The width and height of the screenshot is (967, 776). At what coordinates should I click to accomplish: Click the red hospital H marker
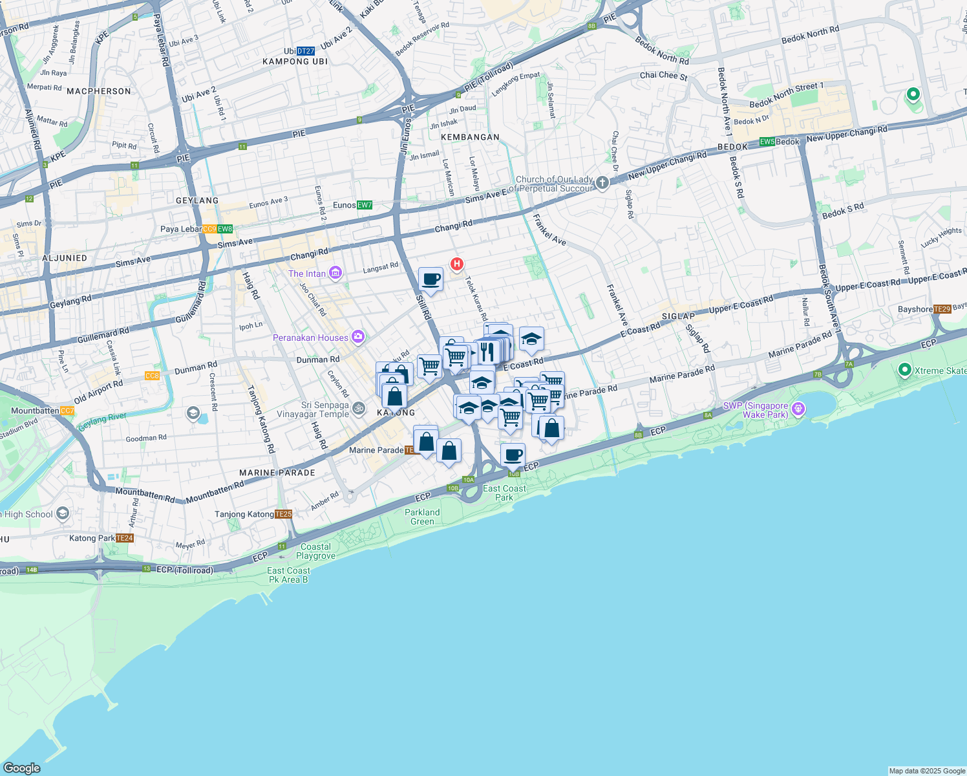click(x=457, y=264)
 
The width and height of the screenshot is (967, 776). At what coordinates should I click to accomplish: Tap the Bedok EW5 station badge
click(x=767, y=142)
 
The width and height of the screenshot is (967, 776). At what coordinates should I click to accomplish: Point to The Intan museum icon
click(x=335, y=274)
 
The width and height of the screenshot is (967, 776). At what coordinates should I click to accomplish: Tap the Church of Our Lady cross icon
click(x=602, y=183)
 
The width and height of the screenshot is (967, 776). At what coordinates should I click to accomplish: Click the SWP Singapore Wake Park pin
click(x=798, y=408)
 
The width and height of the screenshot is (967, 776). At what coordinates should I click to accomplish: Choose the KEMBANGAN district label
click(x=470, y=137)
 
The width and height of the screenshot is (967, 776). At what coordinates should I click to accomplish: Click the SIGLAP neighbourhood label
click(x=678, y=316)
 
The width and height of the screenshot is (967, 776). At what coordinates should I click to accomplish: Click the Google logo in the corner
click(x=21, y=768)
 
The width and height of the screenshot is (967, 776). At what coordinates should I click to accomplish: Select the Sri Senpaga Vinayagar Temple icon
click(x=359, y=408)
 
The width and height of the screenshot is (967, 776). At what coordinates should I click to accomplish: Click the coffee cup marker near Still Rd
click(x=430, y=280)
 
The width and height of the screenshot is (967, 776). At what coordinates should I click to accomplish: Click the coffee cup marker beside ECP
click(x=513, y=455)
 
